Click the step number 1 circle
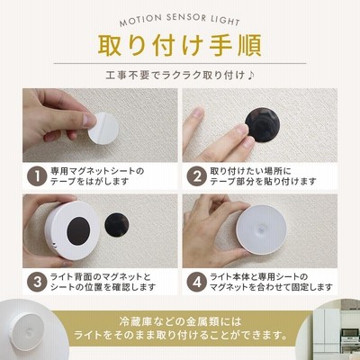pyautogui.click(x=37, y=176)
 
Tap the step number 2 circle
pyautogui.click(x=197, y=176)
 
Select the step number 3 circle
pyautogui.click(x=37, y=282)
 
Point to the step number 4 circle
pyautogui.click(x=197, y=282)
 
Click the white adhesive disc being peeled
pyautogui.click(x=103, y=129)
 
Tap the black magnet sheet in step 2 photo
pyautogui.click(x=263, y=125)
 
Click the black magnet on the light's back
pyautogui.click(x=79, y=231)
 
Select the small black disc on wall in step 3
pyautogui.click(x=117, y=225)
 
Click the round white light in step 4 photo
pyautogui.click(x=261, y=229)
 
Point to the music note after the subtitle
pyautogui.click(x=251, y=75)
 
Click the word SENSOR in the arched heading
pyautogui.click(x=185, y=17)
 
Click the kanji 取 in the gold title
pyautogui.click(x=112, y=46)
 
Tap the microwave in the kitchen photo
pyautogui.click(x=350, y=333)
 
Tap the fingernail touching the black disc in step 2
pyautogui.click(x=243, y=130)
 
